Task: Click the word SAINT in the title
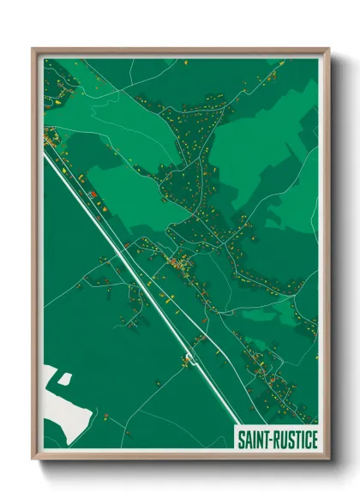coord(255,441)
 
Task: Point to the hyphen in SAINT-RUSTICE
coord(272,441)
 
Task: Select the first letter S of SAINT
coord(242,441)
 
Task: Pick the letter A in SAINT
coord(249,441)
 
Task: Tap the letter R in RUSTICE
coord(277,441)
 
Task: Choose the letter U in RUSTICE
coord(284,441)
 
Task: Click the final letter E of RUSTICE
coord(314,441)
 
